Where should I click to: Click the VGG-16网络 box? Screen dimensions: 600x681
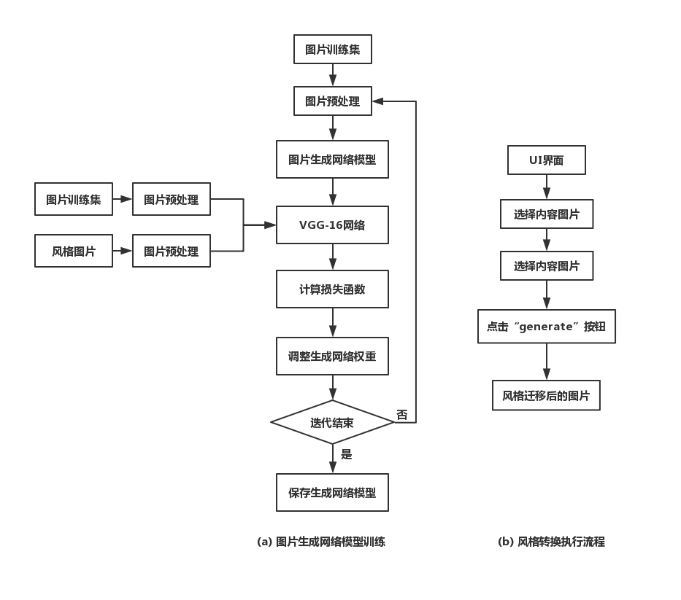coord(332,225)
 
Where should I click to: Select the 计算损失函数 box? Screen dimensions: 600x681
coord(332,289)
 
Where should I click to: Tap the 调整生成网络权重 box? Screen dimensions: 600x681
coord(332,357)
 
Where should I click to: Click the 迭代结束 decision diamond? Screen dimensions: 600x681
coord(332,422)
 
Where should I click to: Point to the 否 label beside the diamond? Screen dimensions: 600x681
coord(402,415)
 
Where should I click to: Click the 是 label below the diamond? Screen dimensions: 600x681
coord(347,454)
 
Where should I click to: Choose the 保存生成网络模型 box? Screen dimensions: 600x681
coord(332,492)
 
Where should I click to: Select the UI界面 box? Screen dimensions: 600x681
coord(546,160)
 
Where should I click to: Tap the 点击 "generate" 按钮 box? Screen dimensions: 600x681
coord(546,327)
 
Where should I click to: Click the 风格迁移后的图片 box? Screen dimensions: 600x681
coord(546,396)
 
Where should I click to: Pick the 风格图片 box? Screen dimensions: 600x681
coord(74,252)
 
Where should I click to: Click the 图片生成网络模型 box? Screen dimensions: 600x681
coord(332,160)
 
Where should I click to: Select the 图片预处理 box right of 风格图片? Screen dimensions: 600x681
coord(171,252)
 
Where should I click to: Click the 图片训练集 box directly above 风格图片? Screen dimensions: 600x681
coord(74,200)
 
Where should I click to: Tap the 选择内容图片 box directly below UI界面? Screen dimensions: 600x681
coord(546,214)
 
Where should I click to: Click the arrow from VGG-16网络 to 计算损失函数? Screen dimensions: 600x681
coord(333,257)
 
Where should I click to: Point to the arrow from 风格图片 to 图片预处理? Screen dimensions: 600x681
coord(123,252)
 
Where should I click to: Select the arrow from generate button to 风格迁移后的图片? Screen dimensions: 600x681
coord(547,362)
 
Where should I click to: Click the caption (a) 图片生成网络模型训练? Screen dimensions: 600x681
coord(321,542)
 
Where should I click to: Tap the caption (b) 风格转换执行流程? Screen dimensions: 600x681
coord(551,542)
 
